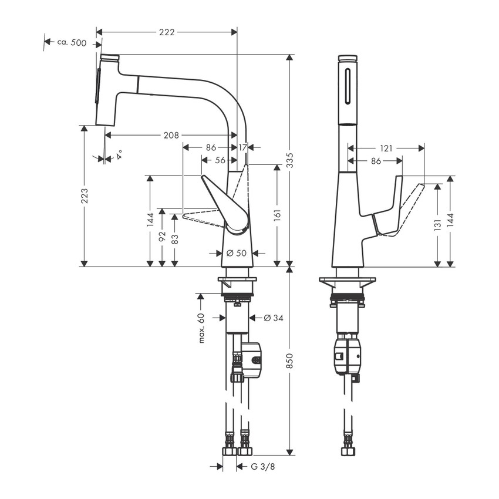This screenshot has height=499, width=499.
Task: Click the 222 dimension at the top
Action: point(167,32)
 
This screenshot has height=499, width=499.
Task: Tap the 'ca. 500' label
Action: point(72,43)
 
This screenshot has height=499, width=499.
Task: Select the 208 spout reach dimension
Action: point(171,135)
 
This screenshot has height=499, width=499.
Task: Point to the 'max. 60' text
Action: point(201,328)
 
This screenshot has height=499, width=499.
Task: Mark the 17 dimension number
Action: point(242,147)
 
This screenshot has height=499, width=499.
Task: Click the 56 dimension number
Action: point(220,159)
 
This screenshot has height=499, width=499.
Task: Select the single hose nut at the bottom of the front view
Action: point(348,451)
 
